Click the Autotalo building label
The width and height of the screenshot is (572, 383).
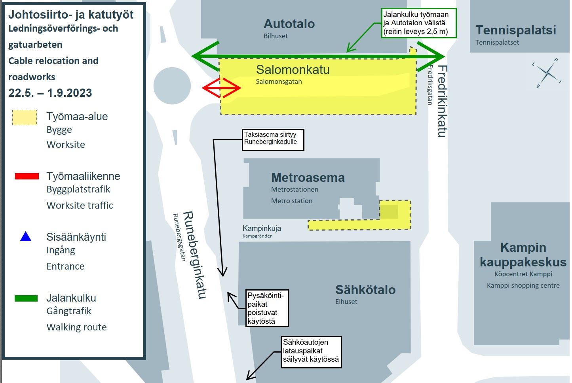coord(289,24)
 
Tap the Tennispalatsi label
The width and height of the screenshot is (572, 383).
coord(515,30)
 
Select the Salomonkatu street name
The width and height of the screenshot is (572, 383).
coord(293,70)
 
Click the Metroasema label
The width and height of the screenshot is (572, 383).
coord(308,178)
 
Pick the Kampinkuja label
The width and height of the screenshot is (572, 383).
coord(262,228)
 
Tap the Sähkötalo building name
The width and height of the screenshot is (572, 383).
coord(365,290)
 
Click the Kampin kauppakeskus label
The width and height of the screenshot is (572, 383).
coord(523,255)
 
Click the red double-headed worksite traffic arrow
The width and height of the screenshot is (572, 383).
coord(221,88)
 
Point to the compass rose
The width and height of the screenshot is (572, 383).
coord(547,73)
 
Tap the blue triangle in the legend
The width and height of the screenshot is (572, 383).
coord(26,237)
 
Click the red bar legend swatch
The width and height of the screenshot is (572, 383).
coord(27,176)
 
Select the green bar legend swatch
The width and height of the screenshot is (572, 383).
coord(26,298)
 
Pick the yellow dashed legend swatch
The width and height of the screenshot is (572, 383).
coord(25,118)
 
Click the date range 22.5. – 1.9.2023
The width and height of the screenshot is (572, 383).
coord(50,93)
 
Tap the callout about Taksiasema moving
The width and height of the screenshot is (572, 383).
coord(273,140)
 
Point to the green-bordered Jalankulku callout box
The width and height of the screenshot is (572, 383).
coord(419,24)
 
